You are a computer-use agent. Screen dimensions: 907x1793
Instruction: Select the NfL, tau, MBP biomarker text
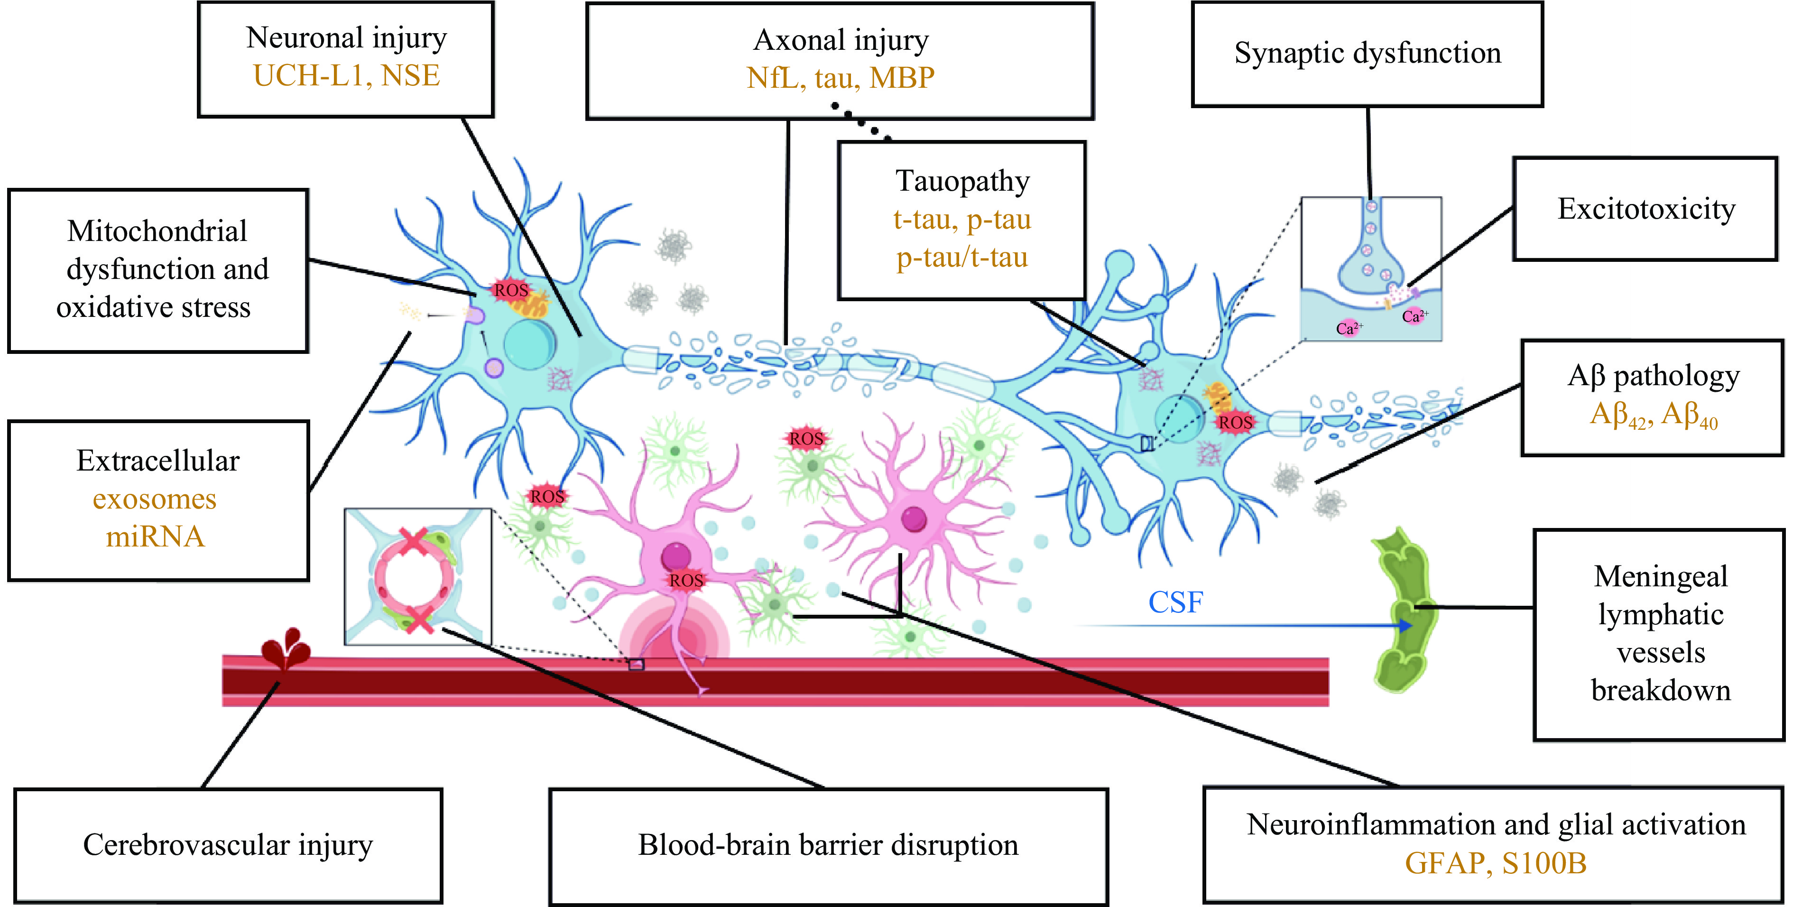click(x=840, y=78)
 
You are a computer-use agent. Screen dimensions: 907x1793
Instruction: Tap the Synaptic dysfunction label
click(x=1367, y=54)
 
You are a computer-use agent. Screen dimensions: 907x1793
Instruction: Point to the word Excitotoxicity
click(x=1646, y=209)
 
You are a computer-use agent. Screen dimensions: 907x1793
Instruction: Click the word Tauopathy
click(x=962, y=181)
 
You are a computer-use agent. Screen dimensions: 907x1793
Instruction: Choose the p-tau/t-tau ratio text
click(x=962, y=258)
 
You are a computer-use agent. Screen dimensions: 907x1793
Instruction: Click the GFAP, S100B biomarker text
click(x=1495, y=863)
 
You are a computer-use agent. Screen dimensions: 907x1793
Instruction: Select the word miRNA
click(x=155, y=537)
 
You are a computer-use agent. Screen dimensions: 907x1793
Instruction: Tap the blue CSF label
click(x=1175, y=602)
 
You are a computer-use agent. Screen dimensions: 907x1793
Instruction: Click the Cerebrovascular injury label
click(x=228, y=845)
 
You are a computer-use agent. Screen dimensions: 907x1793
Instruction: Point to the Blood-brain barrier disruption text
click(x=828, y=845)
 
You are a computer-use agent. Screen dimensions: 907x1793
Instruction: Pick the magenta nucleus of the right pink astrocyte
click(x=913, y=518)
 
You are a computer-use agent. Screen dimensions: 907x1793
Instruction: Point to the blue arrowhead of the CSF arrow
click(x=1406, y=626)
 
